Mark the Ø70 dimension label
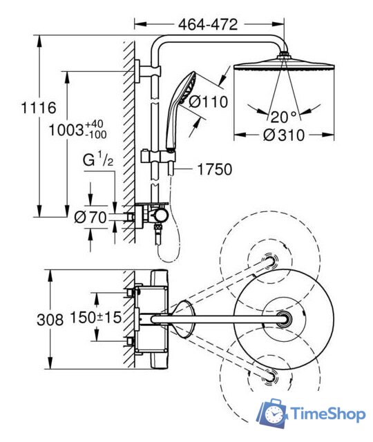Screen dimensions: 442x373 pyautogui.click(x=90, y=218)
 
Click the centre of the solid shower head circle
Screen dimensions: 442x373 pyautogui.click(x=284, y=318)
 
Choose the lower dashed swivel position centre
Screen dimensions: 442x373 pyautogui.click(x=268, y=376)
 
